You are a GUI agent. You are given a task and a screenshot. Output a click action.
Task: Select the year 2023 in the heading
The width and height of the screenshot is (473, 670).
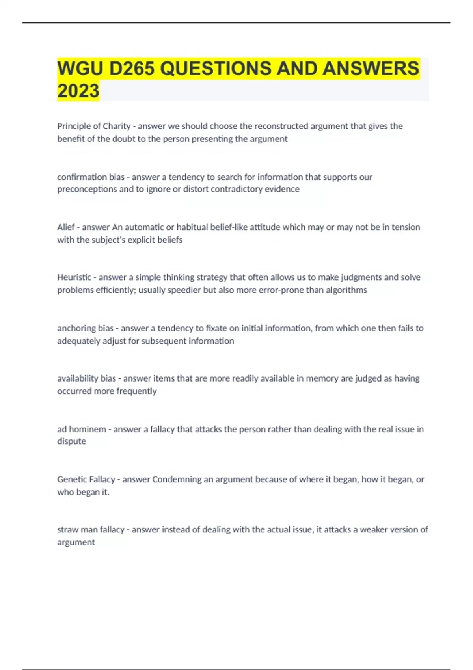click(78, 91)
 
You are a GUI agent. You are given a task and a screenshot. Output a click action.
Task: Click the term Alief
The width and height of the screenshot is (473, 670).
click(66, 227)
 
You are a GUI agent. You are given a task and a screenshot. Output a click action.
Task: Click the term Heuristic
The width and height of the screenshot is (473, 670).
click(74, 277)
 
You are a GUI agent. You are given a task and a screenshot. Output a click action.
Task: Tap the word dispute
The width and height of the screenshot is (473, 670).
click(71, 441)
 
